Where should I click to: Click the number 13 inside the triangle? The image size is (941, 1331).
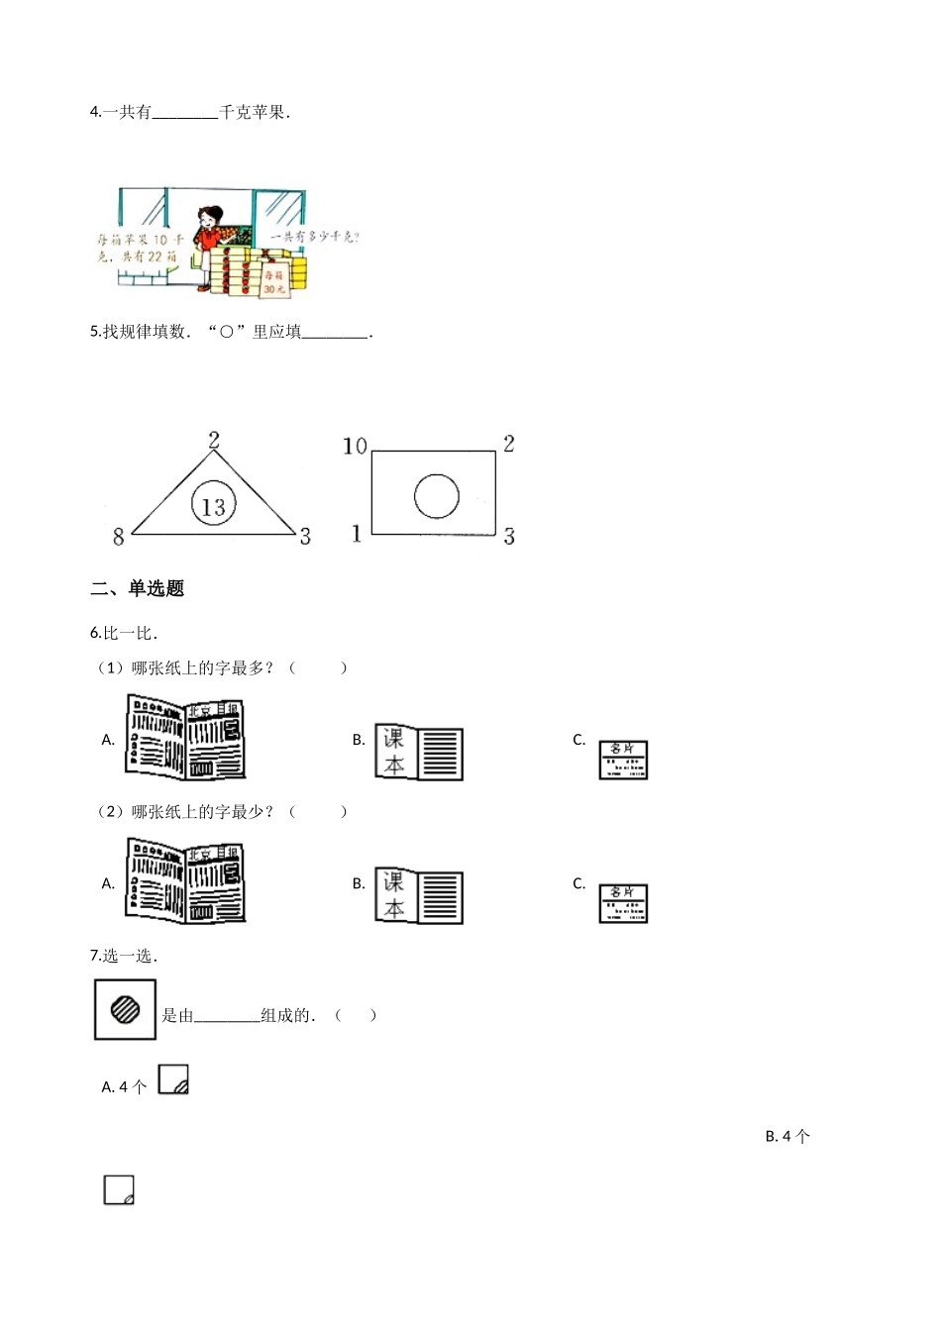tap(214, 507)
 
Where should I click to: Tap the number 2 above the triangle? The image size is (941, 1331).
tap(214, 442)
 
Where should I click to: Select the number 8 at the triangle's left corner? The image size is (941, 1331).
tap(119, 537)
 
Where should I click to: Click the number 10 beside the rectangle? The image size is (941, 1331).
tap(355, 447)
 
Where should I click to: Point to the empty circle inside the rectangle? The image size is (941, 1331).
tap(436, 496)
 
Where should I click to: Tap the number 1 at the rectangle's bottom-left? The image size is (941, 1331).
tap(357, 534)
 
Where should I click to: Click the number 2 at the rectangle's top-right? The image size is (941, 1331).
tap(508, 444)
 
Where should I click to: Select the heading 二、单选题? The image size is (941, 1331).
tap(137, 588)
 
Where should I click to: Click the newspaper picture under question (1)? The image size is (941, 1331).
tap(185, 737)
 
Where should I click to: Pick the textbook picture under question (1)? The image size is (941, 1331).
tap(419, 752)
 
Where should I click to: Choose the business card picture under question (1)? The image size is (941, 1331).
tap(623, 760)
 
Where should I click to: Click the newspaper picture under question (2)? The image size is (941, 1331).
tap(185, 880)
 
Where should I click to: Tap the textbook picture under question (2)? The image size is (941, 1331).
tap(419, 895)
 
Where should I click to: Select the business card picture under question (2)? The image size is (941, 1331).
tap(623, 903)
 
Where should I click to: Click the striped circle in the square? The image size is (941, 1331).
tap(125, 1010)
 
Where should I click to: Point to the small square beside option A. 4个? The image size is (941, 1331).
tap(173, 1079)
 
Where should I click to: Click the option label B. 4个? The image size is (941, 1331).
tap(787, 1137)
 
